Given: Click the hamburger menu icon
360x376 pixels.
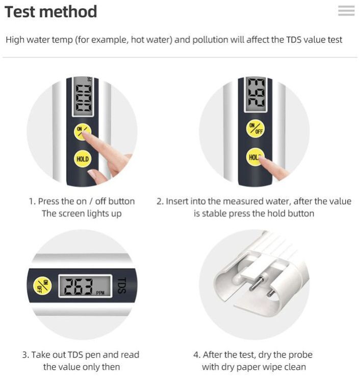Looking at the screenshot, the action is pos(346,11).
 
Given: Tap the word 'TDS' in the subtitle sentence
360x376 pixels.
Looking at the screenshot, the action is pos(294,40).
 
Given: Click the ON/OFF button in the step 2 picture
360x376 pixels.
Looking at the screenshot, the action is pos(255,129).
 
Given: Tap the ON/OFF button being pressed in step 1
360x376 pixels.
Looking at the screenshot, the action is pos(82,132).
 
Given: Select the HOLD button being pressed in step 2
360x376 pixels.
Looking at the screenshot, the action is pos(255,157).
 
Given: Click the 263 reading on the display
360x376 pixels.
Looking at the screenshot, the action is pos(79,286).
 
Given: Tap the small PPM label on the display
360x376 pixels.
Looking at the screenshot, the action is pos(100,293).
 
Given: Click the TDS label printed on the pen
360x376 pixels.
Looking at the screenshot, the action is pos(122,285).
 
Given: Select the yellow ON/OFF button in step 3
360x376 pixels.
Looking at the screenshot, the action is pos(42,286).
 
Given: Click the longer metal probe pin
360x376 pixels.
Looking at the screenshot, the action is pos(256,283).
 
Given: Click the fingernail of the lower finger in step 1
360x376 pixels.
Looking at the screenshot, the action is pos(92,173).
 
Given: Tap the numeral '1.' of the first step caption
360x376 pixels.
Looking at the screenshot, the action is pos(33,201).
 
